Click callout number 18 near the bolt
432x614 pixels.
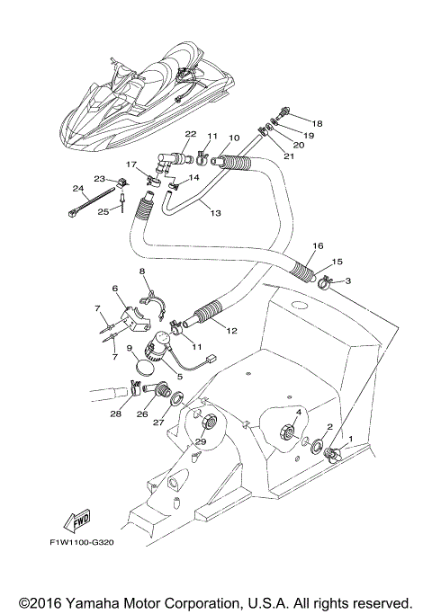pos(317,122)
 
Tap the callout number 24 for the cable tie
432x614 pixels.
pos(78,189)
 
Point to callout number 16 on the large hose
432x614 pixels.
pos(317,245)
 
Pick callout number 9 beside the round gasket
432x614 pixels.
pos(130,347)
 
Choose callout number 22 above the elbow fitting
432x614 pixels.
pos(190,134)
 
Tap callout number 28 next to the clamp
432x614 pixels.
pos(115,414)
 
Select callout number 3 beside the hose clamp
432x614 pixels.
pos(348,281)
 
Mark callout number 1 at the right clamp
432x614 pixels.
pos(351,440)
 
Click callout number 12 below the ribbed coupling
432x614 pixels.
pos(231,331)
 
